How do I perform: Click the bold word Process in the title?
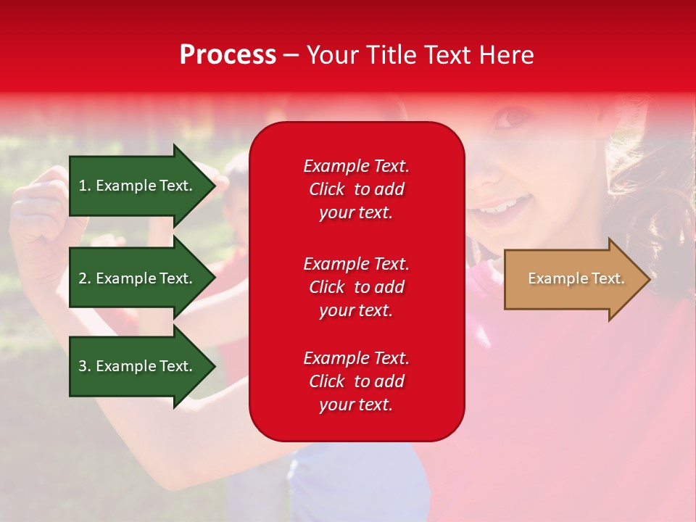(x=228, y=55)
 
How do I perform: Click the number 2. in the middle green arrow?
(x=85, y=278)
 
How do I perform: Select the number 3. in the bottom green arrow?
(x=85, y=366)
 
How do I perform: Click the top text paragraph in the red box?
(x=356, y=189)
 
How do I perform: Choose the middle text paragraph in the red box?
(x=356, y=287)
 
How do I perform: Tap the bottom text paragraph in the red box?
(x=356, y=381)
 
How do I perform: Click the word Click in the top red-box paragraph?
(x=326, y=189)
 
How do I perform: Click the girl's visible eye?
(x=515, y=116)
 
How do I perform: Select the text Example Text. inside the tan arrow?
(x=576, y=279)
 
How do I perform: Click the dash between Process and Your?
(x=291, y=55)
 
